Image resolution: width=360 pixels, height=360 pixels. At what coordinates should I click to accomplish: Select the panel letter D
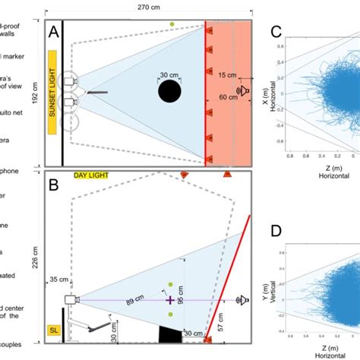click(276, 230)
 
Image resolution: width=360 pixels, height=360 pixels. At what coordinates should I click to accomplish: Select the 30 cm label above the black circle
click(169, 74)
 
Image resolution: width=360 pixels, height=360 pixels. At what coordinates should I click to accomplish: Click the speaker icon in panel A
click(242, 90)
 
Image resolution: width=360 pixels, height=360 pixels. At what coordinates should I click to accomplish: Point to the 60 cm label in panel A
click(229, 97)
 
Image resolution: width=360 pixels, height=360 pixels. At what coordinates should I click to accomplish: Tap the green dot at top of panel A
click(173, 24)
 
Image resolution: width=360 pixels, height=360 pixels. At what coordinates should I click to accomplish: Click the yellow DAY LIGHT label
click(90, 175)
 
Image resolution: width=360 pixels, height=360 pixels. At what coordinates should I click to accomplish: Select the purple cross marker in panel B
click(170, 301)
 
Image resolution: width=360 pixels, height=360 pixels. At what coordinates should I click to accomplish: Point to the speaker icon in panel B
click(243, 299)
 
